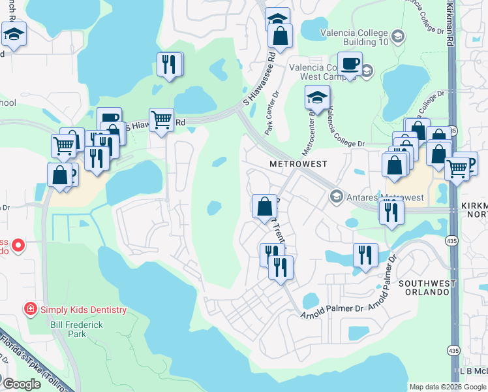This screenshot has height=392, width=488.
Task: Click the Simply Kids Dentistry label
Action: click(83, 308)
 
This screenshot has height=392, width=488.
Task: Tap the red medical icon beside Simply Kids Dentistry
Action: click(30, 308)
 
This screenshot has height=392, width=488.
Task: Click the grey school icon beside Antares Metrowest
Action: click(337, 196)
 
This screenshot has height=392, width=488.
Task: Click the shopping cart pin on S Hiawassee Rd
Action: click(161, 120)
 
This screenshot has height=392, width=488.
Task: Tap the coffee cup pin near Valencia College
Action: click(350, 64)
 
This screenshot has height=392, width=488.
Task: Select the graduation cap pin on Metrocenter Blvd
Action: click(317, 97)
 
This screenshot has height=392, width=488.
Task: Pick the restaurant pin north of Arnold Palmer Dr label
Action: click(365, 255)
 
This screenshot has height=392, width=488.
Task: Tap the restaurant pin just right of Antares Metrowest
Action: click(391, 212)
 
